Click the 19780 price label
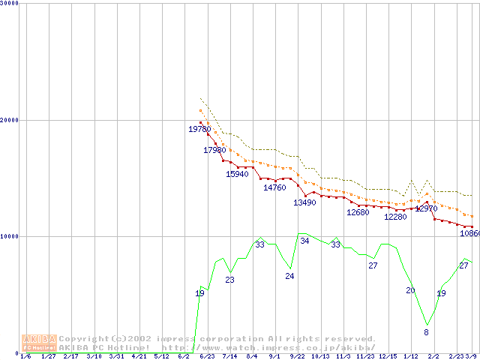click(199, 130)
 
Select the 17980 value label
click(214, 151)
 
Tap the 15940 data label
click(237, 175)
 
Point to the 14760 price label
click(274, 188)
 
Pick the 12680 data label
click(358, 213)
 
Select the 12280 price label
click(395, 217)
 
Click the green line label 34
click(304, 241)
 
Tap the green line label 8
click(426, 332)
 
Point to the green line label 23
click(229, 280)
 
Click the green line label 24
click(289, 277)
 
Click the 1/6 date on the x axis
click(25, 356)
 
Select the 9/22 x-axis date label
click(298, 356)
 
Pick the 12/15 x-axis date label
click(388, 356)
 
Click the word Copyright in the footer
click(85, 339)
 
